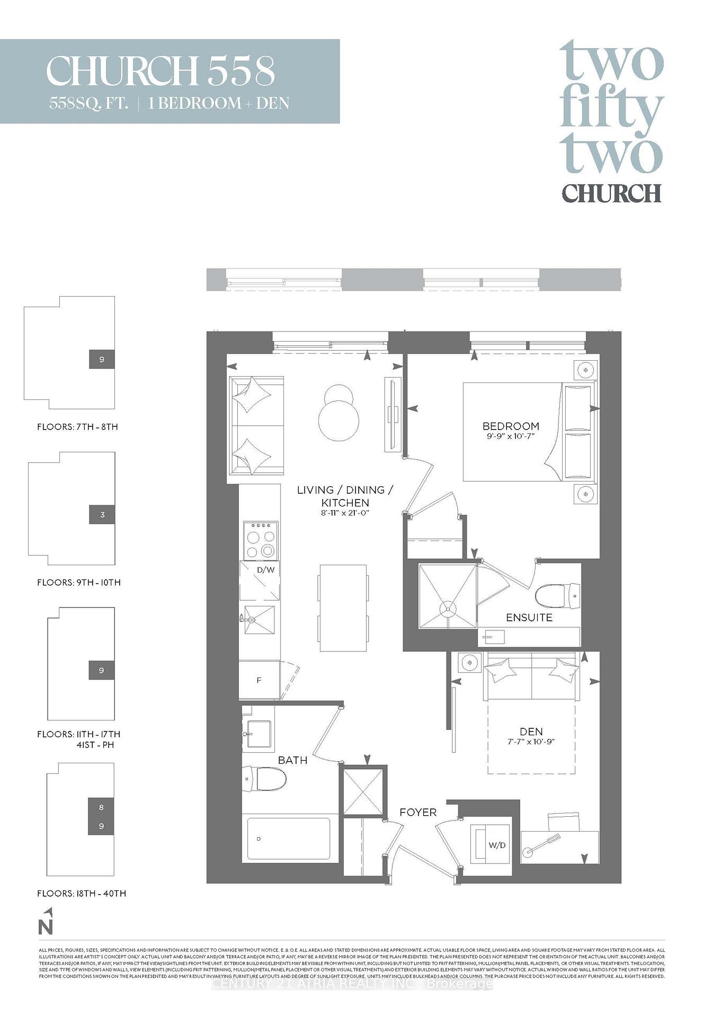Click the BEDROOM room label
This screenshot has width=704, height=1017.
tap(511, 426)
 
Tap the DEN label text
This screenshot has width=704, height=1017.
tap(531, 731)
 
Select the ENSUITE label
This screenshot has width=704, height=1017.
tap(529, 618)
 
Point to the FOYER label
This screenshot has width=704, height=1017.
tap(418, 812)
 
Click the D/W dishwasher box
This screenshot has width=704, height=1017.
tap(260, 580)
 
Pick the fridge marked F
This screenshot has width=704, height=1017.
tap(259, 680)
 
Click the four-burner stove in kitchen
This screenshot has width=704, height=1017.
tap(261, 540)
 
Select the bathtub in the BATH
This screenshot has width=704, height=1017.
tap(289, 838)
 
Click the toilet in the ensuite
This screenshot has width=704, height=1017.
tap(558, 596)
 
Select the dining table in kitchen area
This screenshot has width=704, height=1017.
tap(343, 608)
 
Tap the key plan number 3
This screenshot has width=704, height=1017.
tap(102, 515)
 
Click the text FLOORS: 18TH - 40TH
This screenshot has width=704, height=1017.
tap(82, 894)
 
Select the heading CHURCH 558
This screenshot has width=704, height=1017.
tap(161, 72)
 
